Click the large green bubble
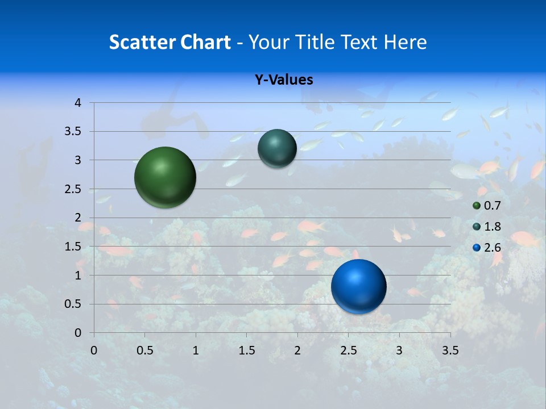165,177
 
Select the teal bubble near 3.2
277,148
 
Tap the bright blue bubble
358,286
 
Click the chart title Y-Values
283,80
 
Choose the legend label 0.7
492,206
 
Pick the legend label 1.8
492,227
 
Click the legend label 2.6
492,248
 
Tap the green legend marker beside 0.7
477,206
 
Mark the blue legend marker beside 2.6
477,248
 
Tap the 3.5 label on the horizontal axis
450,350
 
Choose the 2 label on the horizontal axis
297,350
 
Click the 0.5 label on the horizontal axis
144,350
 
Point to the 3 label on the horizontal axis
399,350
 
